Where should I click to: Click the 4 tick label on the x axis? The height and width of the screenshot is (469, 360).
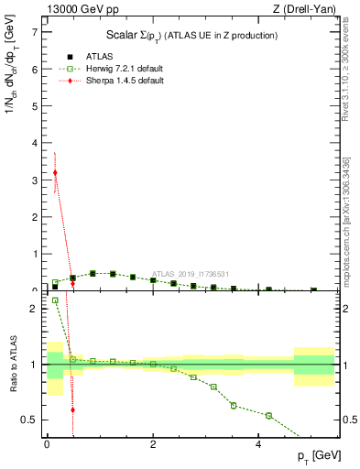(260, 443)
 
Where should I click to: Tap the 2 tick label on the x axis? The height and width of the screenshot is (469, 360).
(153, 443)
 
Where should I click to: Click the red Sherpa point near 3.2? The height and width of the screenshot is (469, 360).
(55, 172)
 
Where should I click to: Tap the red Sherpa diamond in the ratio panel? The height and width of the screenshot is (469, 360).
(72, 409)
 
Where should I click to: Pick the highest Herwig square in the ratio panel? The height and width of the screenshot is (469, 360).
(55, 300)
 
